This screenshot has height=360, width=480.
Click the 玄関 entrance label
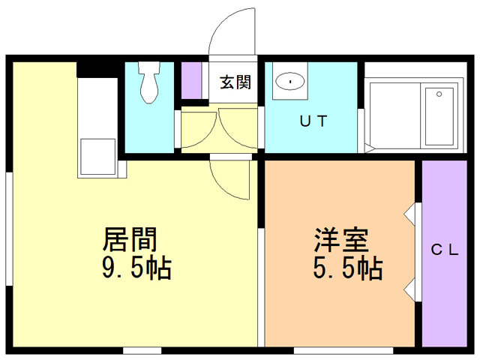point(235,82)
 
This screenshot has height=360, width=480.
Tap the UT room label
point(313,121)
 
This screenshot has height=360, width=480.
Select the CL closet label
point(445,250)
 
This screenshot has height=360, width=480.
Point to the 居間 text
point(130,239)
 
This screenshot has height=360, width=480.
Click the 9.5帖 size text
point(136,267)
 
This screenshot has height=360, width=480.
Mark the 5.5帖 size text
point(348,267)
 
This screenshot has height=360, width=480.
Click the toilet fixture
point(149,82)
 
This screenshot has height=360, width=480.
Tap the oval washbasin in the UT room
point(290,82)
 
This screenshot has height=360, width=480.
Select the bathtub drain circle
point(439,94)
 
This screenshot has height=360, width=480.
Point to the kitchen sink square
point(97,157)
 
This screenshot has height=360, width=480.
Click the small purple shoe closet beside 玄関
point(191,80)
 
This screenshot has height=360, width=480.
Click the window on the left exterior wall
point(10,229)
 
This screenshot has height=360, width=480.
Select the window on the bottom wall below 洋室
point(343,350)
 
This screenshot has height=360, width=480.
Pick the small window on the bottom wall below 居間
point(142,350)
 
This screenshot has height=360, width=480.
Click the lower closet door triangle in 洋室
point(409,289)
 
